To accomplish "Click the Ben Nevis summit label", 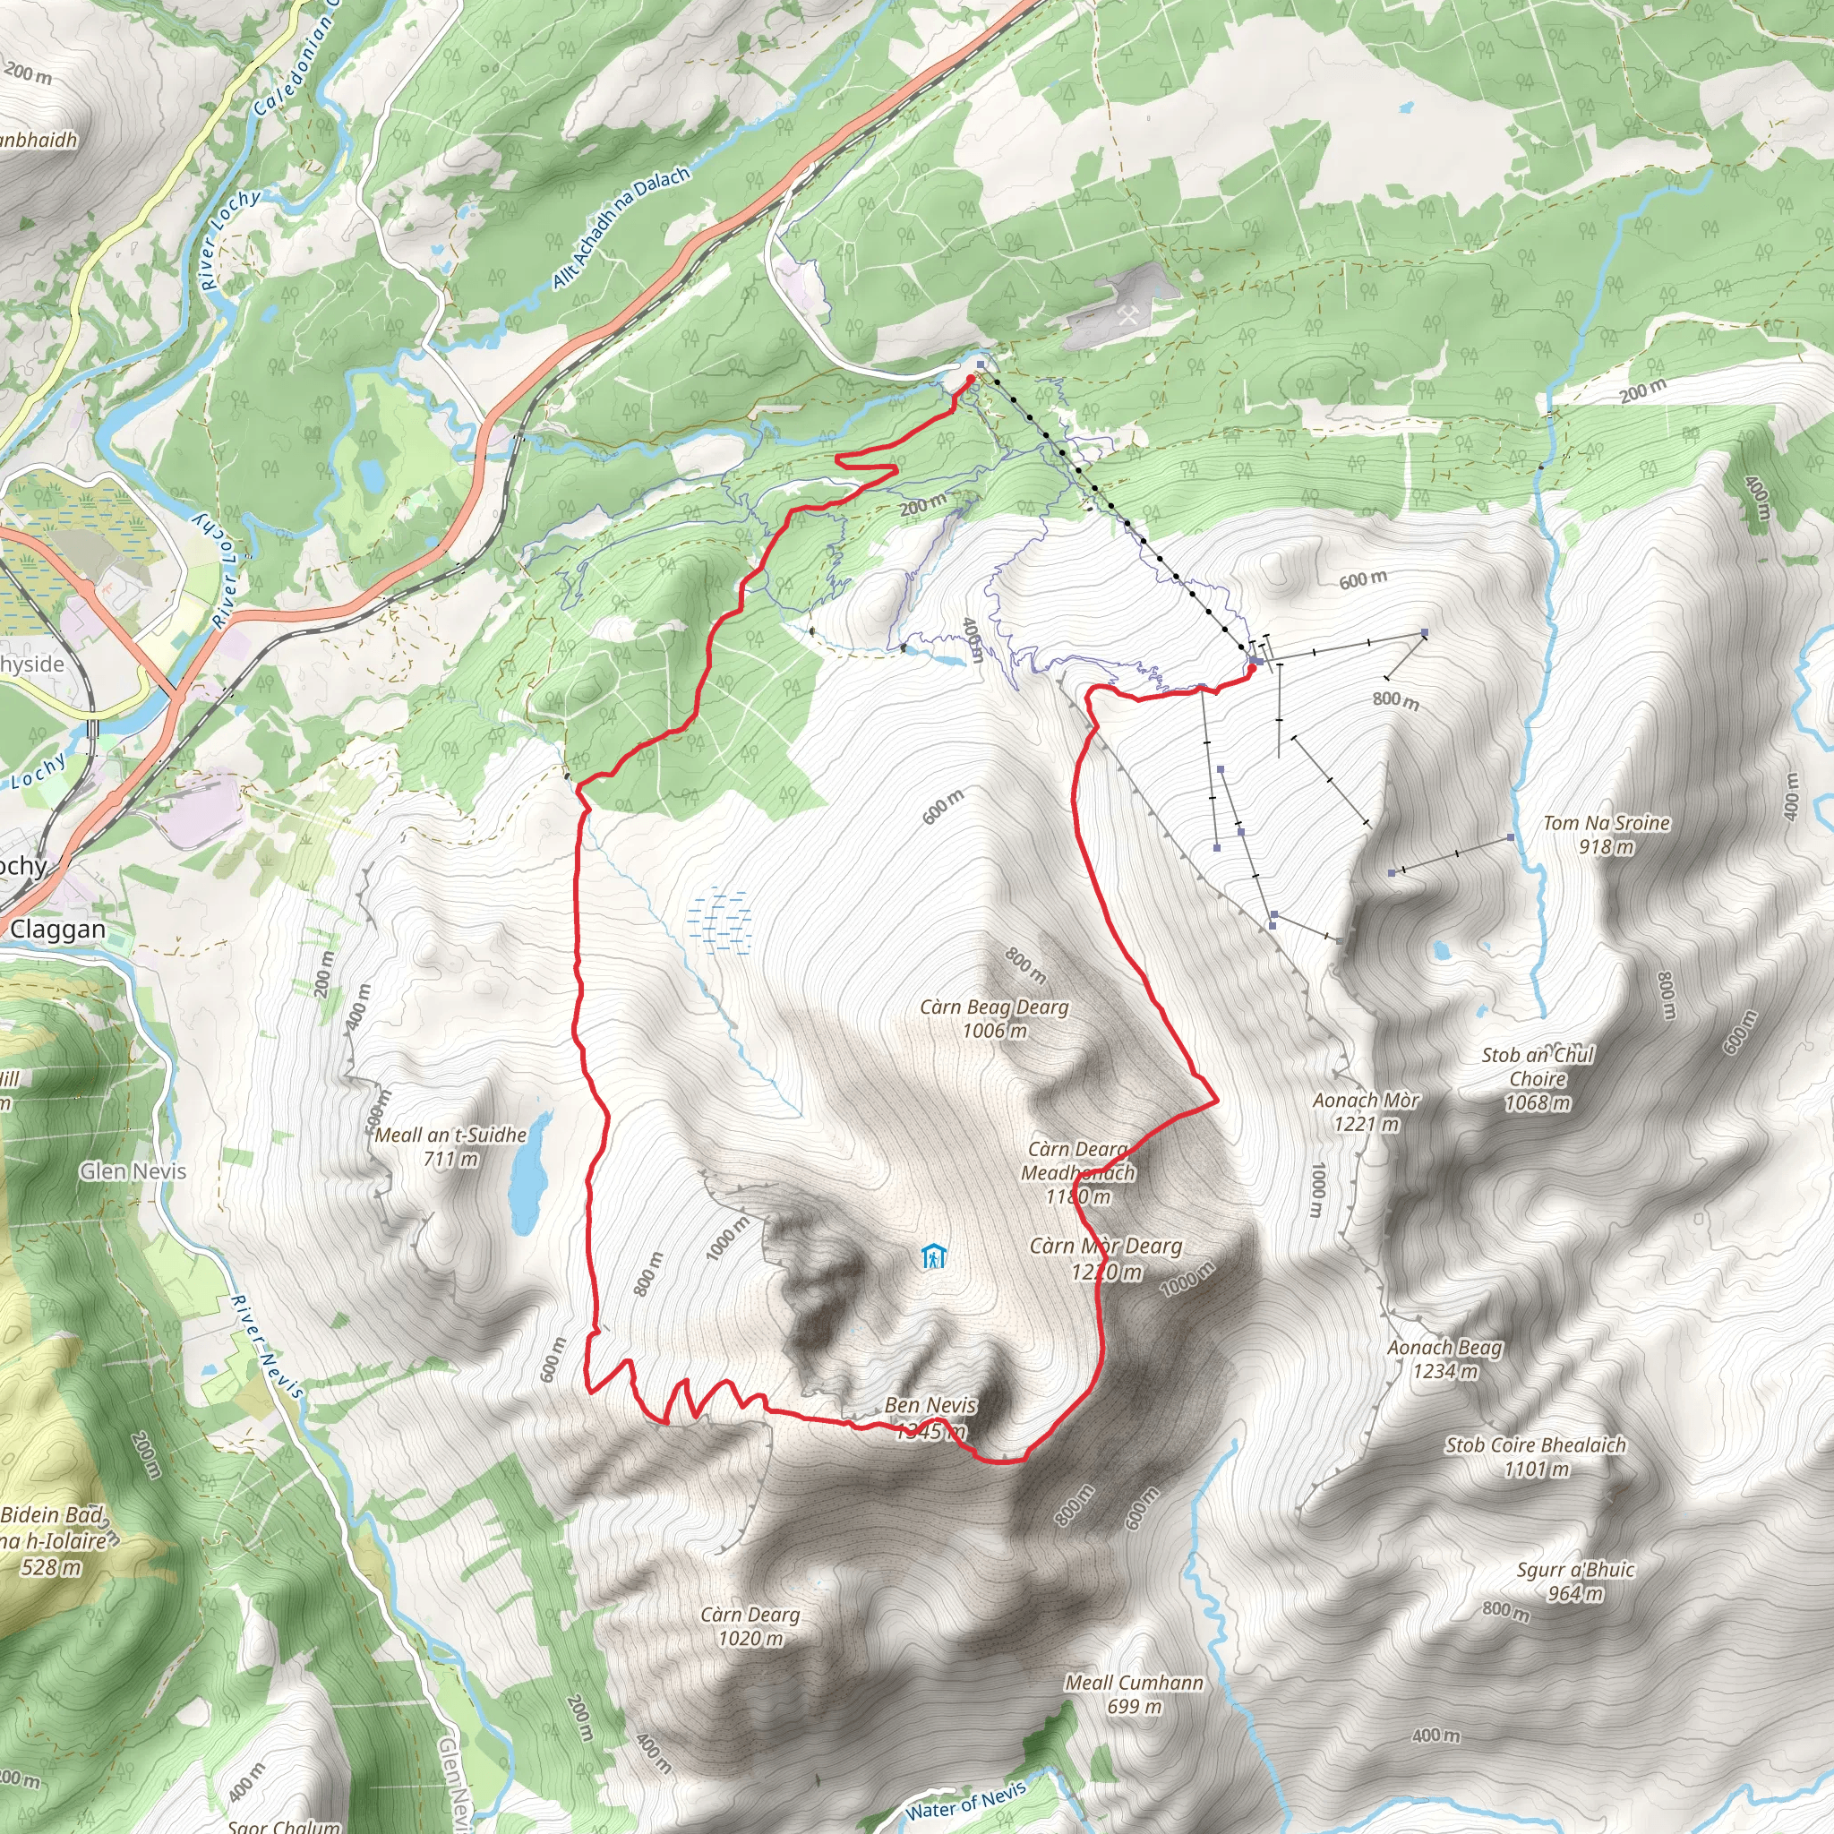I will [x=930, y=1417].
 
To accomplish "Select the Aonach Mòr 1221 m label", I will [x=1366, y=1111].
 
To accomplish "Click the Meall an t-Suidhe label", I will [x=451, y=1145].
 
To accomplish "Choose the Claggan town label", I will [x=58, y=930].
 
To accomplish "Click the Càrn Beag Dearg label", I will [x=994, y=1017].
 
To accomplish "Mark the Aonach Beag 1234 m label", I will [x=1444, y=1358].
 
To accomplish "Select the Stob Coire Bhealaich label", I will [x=1535, y=1456].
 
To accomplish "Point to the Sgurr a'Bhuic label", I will [x=1575, y=1581].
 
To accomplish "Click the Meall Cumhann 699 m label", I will [x=1134, y=1693].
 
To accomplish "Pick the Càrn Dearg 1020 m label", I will [x=750, y=1626].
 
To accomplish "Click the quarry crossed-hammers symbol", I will [x=1127, y=316].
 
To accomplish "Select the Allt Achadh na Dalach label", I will [x=621, y=227].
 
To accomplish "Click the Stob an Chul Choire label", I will [x=1538, y=1077].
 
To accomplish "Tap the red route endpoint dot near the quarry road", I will [x=970, y=379].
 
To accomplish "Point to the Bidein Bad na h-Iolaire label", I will [x=52, y=1539].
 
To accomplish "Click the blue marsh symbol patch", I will [x=723, y=920].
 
